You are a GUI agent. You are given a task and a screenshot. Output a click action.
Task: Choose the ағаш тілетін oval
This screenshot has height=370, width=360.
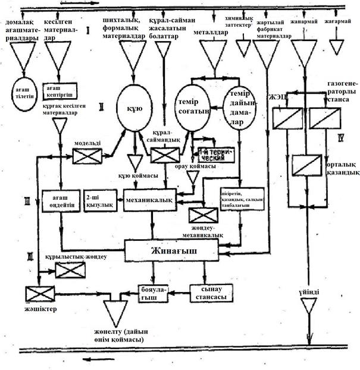click(26, 93)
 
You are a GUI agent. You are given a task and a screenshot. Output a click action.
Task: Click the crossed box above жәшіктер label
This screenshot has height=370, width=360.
click(40, 293)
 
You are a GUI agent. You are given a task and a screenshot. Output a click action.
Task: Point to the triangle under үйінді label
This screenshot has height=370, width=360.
click(308, 306)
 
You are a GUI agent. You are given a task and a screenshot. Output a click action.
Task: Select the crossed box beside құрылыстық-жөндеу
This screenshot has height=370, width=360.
click(70, 269)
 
